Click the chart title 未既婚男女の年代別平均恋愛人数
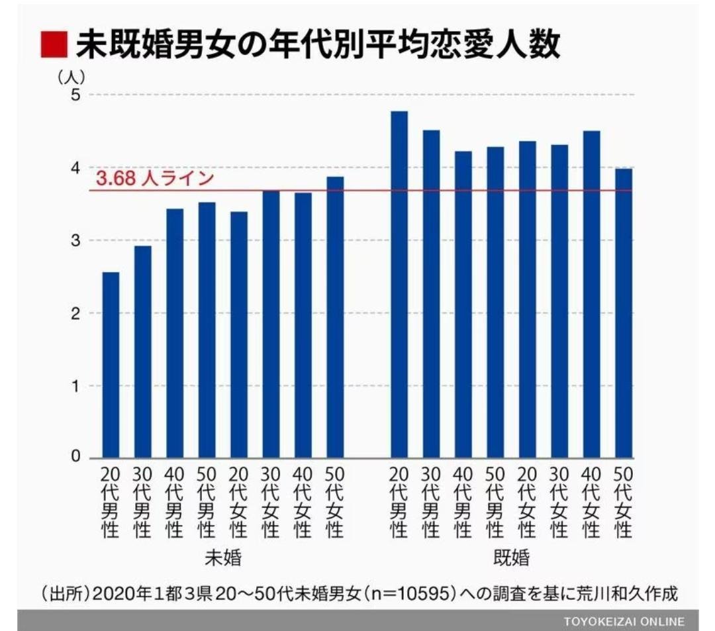318,46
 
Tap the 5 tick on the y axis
75,95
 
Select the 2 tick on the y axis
75,313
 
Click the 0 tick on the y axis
75,457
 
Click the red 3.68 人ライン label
155,179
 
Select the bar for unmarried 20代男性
111,365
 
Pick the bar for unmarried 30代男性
142,352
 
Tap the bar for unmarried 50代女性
335,317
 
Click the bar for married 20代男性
399,284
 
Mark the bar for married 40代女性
591,294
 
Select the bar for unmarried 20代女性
239,334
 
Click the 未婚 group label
222,558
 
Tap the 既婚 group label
511,558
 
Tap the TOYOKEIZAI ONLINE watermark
624,621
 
